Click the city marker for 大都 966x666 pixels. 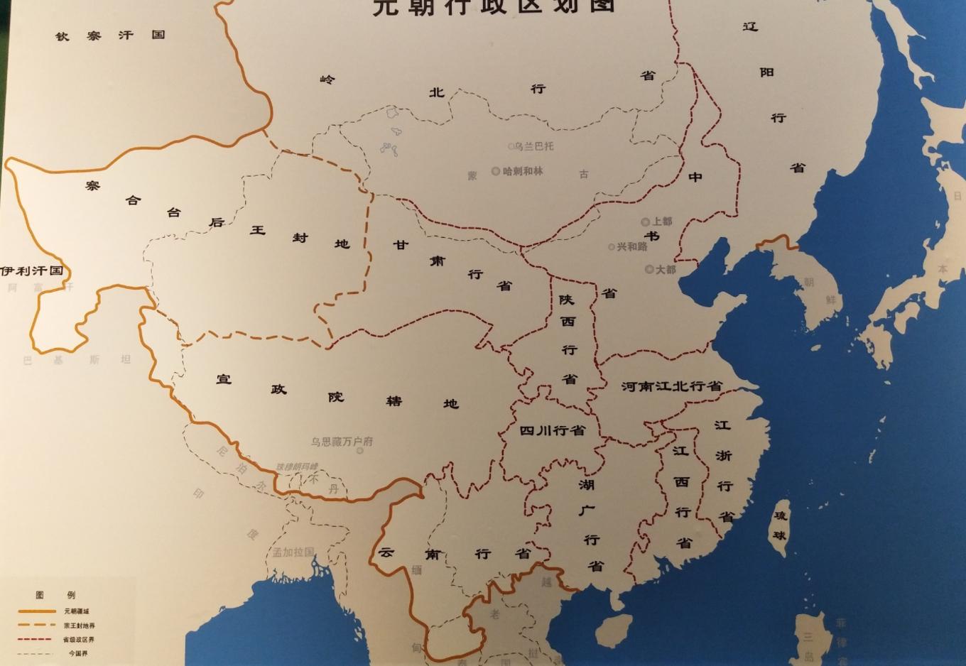(649, 269)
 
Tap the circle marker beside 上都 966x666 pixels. (646, 222)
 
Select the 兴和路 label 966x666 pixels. (632, 246)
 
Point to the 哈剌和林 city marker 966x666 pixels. (496, 171)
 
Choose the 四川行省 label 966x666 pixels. (552, 430)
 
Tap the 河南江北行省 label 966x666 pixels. (671, 386)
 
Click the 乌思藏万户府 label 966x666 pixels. (342, 442)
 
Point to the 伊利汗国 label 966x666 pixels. (32, 271)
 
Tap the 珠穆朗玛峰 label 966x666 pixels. (297, 466)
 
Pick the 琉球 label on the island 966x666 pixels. (780, 525)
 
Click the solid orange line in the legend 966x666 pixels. (37, 611)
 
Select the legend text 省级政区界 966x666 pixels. (78, 640)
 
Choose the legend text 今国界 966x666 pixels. (78, 653)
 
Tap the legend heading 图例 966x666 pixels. (55, 595)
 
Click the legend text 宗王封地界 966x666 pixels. (79, 626)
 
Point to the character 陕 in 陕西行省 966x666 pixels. (566, 300)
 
